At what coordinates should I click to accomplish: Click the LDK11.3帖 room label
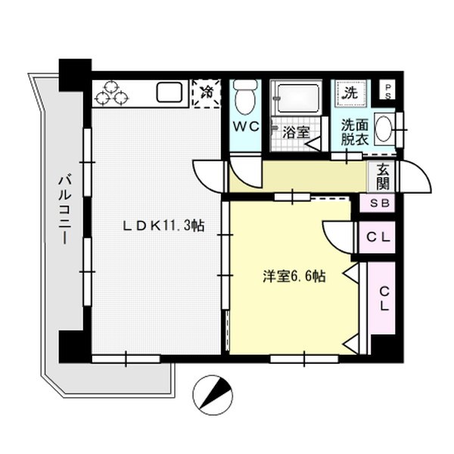click(x=164, y=225)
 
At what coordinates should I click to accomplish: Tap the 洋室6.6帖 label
click(x=294, y=276)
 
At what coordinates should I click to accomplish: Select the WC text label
click(x=246, y=126)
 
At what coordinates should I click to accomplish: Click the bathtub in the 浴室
click(x=297, y=97)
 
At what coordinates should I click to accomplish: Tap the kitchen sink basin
click(x=169, y=92)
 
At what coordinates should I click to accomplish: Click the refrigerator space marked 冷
click(x=207, y=93)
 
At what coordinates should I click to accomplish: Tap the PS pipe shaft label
click(x=387, y=92)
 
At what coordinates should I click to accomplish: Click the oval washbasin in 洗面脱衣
click(x=384, y=129)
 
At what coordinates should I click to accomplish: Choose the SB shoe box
click(x=378, y=203)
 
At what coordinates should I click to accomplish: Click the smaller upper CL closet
click(x=378, y=238)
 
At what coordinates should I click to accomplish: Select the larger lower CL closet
click(x=381, y=298)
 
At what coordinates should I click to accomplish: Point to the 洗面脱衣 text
click(x=355, y=132)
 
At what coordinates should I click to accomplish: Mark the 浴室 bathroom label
click(x=296, y=132)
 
